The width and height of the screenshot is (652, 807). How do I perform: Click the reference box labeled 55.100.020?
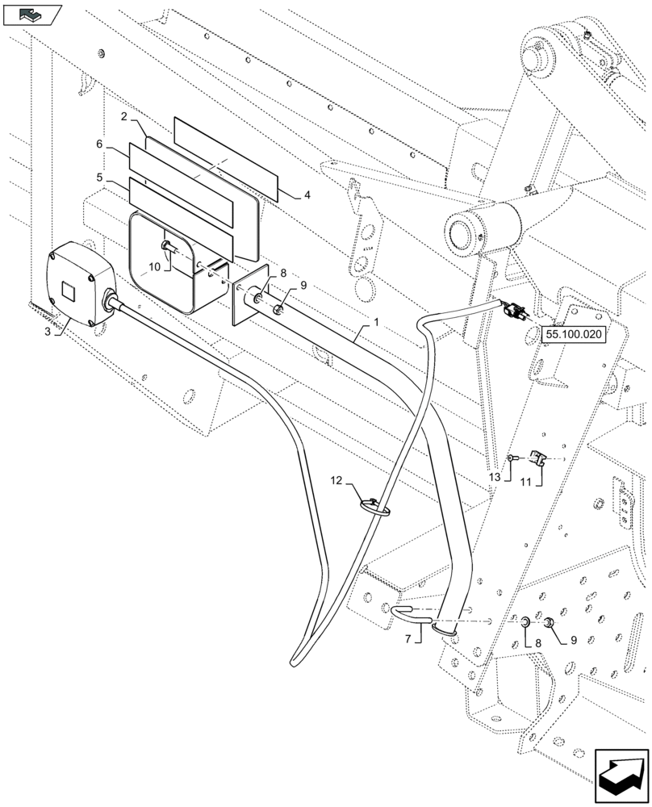pyautogui.click(x=573, y=332)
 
